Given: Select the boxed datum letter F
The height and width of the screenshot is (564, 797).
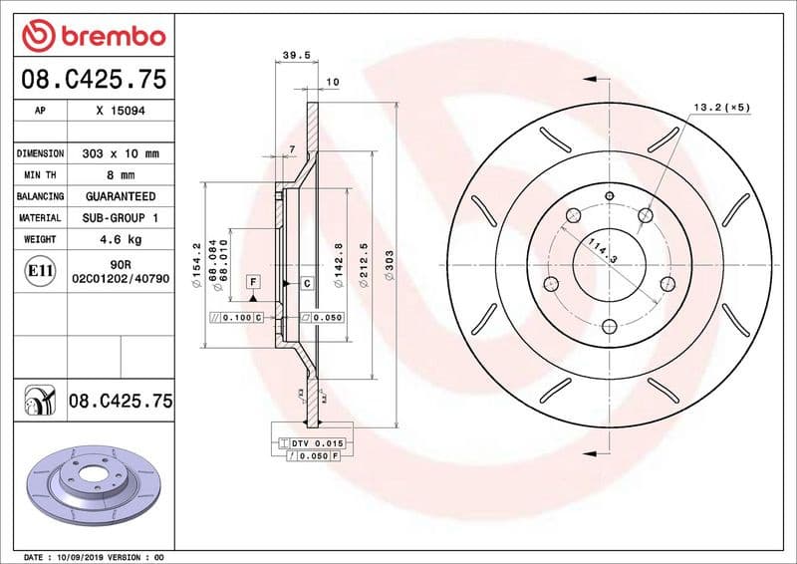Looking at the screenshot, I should (254, 284).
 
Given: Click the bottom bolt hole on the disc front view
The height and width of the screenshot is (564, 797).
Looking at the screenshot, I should (608, 324).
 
